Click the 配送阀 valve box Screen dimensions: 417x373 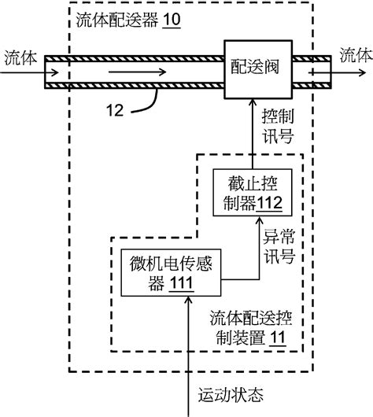[x=258, y=68]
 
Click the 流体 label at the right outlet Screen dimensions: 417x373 [x=353, y=55]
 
